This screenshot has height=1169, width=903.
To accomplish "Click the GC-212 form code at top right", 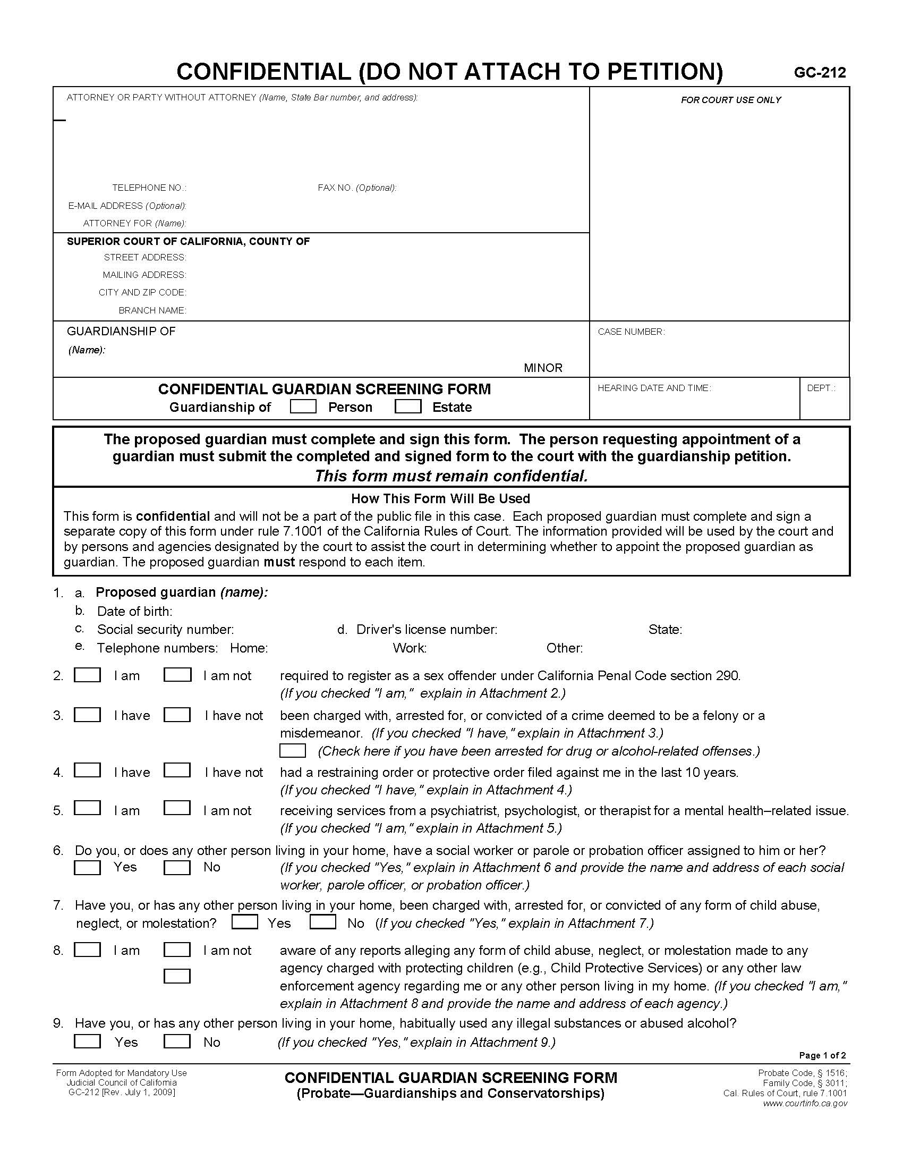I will click(x=820, y=73).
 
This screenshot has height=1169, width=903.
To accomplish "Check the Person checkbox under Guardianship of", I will click(x=303, y=407).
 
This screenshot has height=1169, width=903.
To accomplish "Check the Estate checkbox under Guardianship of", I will click(x=407, y=407).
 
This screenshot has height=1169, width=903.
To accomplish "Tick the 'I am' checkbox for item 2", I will click(x=87, y=675).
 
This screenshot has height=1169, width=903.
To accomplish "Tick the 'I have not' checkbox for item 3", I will click(x=177, y=715).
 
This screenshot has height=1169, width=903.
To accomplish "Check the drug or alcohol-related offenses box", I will click(x=293, y=751).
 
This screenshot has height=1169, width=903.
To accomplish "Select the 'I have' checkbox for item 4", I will click(x=87, y=771).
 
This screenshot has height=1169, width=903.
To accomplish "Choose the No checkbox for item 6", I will click(x=177, y=868).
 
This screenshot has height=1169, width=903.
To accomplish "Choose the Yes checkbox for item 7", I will click(x=245, y=922).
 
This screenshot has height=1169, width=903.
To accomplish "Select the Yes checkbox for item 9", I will click(x=87, y=1041).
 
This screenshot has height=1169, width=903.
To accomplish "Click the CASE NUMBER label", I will click(x=631, y=332).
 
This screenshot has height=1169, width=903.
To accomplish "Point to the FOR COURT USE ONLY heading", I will click(x=730, y=100).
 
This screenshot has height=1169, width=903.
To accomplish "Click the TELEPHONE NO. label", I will click(x=149, y=188).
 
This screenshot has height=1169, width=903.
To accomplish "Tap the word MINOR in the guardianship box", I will click(x=543, y=368).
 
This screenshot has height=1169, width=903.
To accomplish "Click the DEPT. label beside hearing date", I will click(x=821, y=388).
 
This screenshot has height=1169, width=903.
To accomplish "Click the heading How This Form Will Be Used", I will click(x=440, y=499).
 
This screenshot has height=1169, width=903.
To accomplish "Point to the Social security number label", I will click(x=165, y=630).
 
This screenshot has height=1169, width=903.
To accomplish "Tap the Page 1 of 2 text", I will click(x=822, y=1055).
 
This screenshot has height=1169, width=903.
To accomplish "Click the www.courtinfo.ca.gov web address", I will click(x=805, y=1104).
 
